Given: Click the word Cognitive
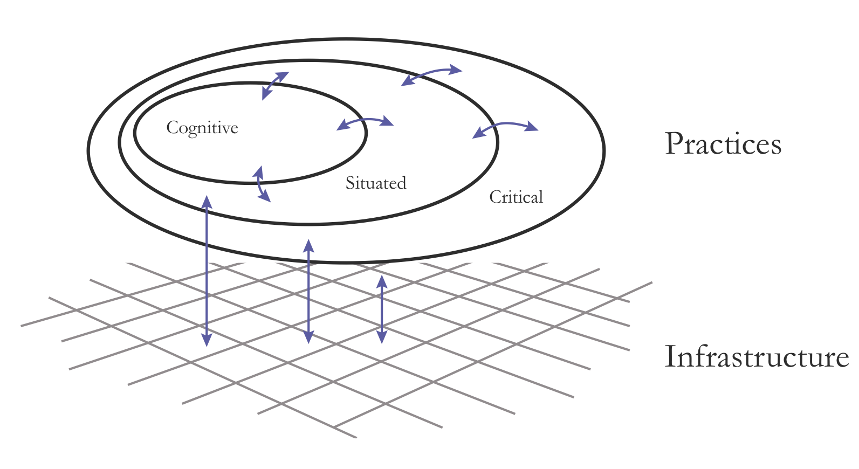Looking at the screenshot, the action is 202,128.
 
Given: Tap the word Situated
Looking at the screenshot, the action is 376,183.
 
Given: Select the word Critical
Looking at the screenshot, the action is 516,197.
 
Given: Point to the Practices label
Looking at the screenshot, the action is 723,144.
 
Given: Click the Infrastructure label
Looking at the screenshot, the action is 757,357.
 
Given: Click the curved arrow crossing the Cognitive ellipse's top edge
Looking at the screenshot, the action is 274,85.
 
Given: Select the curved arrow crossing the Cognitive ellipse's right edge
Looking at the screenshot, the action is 365,120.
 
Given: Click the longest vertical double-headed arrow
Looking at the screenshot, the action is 207,271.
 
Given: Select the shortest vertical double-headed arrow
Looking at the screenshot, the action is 382,309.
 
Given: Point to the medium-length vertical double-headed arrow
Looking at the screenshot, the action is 308,292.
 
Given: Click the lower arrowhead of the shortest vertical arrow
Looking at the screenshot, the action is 382,337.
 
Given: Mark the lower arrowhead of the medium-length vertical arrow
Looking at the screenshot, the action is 308,337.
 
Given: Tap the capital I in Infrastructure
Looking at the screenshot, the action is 671,357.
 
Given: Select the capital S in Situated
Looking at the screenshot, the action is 350,183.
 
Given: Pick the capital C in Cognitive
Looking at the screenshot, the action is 173,128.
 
